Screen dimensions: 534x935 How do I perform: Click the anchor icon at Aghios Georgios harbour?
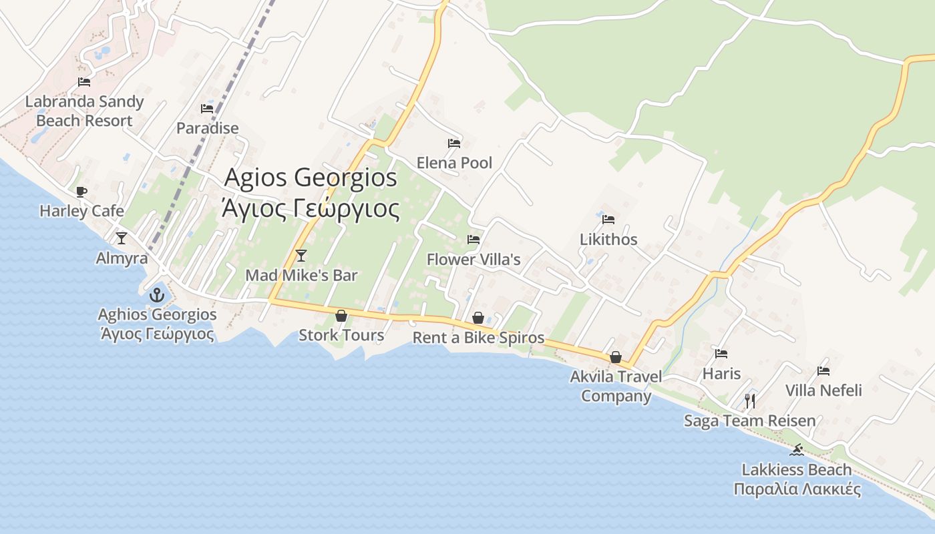(157, 294)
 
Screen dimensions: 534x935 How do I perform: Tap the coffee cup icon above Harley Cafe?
(81, 192)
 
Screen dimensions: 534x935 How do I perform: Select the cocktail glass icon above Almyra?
(122, 238)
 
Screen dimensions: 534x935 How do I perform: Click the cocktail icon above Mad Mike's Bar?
(301, 255)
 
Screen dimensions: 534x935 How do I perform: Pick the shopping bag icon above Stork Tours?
(341, 315)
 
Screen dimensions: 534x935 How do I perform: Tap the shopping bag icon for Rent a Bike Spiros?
(478, 318)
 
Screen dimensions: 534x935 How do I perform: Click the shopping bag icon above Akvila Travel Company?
(615, 358)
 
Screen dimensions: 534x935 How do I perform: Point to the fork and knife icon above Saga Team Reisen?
(750, 400)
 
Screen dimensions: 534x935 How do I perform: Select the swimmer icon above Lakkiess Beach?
(796, 450)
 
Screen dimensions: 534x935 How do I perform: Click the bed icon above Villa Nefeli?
(823, 371)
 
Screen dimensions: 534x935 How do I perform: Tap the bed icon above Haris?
(721, 354)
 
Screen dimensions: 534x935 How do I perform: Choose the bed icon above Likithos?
(608, 219)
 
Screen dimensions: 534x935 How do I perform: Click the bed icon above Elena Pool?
(454, 143)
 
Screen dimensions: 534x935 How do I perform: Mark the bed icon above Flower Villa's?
(474, 239)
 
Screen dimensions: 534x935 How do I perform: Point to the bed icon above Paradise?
(207, 108)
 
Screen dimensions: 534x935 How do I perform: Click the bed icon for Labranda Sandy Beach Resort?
(84, 82)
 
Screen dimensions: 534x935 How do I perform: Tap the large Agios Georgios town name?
(311, 178)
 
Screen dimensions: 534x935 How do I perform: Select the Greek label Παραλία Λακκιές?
(797, 489)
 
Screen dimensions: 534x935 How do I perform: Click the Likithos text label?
(608, 239)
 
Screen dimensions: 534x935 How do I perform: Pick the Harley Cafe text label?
(81, 211)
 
